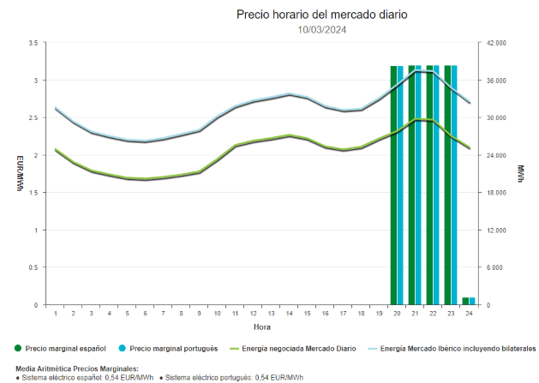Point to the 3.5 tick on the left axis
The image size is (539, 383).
tap(33, 43)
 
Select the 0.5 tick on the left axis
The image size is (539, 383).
tap(33, 267)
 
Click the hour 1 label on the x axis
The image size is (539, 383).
tap(56, 314)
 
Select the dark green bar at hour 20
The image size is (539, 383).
tap(394, 184)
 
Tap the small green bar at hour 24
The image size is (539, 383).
tap(465, 301)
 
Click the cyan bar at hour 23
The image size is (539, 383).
tap(453, 184)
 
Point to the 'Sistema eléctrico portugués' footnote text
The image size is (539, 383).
tap(233, 378)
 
